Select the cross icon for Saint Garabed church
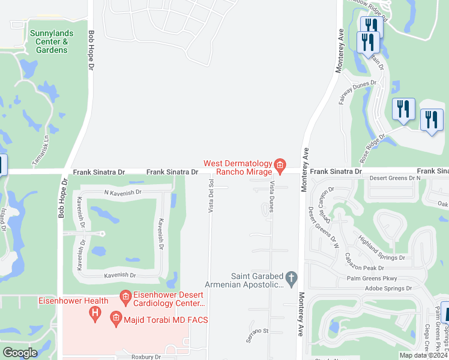tap(292, 278)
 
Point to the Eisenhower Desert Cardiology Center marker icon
tap(125, 296)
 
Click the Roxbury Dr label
tap(146, 356)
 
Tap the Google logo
tap(20, 353)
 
